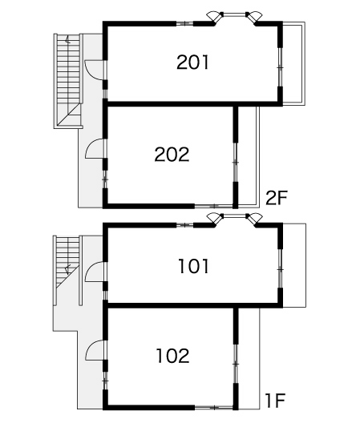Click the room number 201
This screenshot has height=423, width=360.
(192, 62)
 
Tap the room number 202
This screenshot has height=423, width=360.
(172, 155)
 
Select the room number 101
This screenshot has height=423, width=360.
(193, 266)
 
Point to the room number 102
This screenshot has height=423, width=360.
(173, 356)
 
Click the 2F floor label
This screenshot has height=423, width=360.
(277, 198)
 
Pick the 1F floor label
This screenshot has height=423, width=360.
(275, 401)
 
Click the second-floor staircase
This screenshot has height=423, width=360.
(69, 81)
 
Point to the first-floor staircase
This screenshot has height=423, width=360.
(68, 270)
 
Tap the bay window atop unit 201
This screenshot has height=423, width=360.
(234, 18)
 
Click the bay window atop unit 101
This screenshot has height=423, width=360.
(234, 219)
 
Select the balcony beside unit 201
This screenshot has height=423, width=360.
(293, 63)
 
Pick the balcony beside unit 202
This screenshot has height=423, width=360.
(249, 155)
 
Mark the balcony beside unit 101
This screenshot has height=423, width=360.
(294, 265)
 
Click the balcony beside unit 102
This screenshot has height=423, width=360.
(249, 359)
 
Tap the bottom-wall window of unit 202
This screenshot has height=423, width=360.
(213, 206)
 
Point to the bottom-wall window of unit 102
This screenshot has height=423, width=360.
(213, 408)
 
